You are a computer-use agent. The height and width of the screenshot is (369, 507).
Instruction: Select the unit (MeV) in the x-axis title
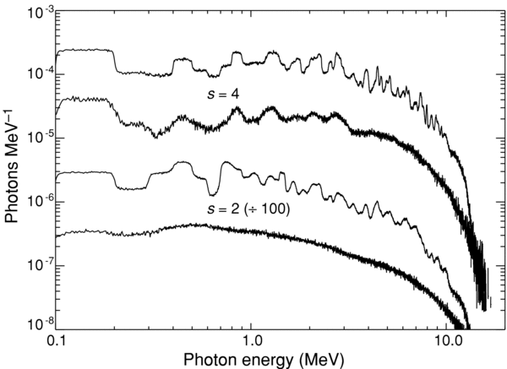click(317, 360)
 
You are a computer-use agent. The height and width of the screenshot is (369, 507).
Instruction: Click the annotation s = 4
click(226, 94)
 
